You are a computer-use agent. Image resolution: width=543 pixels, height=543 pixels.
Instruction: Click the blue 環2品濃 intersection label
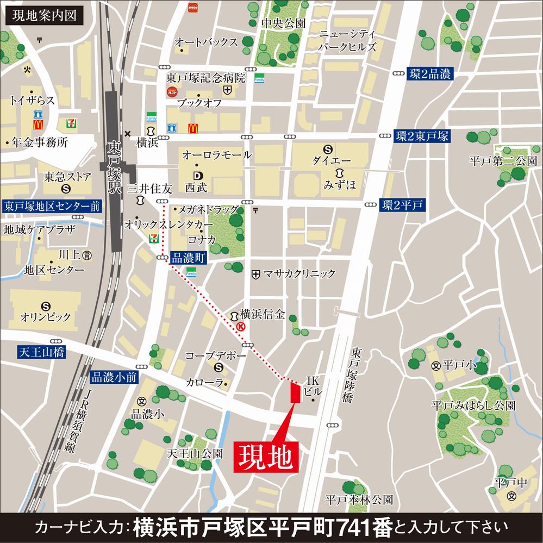pyautogui.click(x=429, y=75)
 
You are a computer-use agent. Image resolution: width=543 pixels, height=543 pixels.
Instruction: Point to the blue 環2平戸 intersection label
pyautogui.click(x=402, y=205)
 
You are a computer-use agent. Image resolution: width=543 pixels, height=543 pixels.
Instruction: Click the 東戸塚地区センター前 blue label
pyautogui.click(x=52, y=206)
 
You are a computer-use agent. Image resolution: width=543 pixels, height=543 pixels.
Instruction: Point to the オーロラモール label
pyautogui.click(x=217, y=155)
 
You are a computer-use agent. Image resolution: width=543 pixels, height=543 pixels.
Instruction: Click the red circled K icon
pyautogui.click(x=240, y=326)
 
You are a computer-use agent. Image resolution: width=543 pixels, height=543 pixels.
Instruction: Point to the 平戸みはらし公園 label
pyautogui.click(x=473, y=405)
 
